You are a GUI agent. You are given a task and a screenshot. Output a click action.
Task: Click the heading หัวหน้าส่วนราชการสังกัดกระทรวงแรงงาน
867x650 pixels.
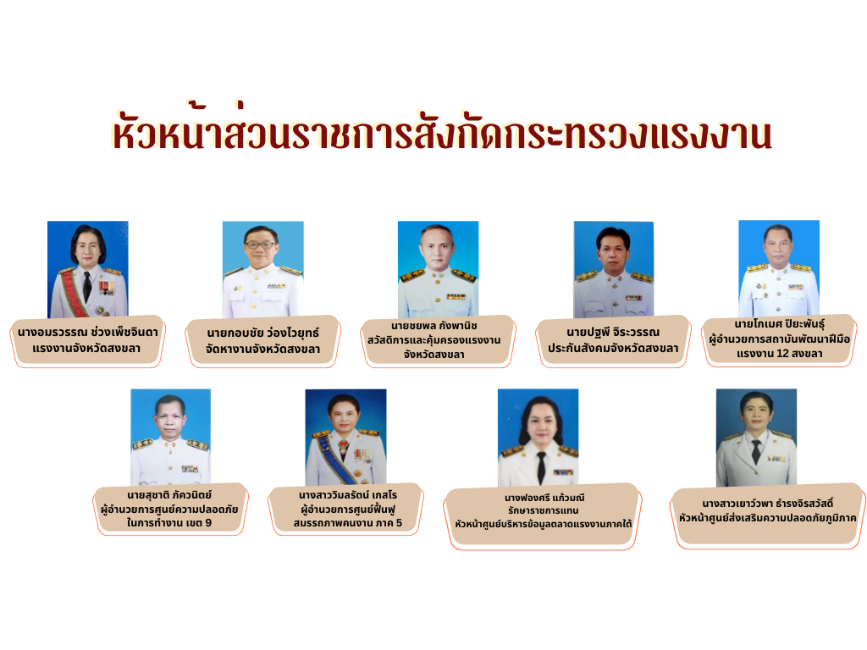click(x=442, y=131)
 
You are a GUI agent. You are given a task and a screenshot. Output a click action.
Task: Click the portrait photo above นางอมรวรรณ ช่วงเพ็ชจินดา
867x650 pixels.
click(x=88, y=269)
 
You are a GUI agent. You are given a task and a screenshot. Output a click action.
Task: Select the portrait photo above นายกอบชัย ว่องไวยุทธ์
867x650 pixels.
click(x=262, y=269)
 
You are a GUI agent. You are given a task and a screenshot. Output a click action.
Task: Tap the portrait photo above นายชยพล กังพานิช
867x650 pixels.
click(x=438, y=269)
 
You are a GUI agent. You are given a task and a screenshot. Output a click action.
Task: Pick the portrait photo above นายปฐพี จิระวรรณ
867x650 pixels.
click(x=614, y=269)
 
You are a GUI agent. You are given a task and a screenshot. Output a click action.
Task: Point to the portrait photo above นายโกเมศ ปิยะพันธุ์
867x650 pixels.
click(x=779, y=268)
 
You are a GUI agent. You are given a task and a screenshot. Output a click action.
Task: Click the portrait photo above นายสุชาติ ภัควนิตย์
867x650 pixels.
click(x=171, y=438)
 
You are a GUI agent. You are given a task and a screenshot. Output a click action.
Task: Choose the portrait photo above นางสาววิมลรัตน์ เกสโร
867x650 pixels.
click(x=345, y=438)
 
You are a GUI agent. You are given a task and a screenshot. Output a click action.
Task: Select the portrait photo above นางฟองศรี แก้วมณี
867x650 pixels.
click(x=538, y=438)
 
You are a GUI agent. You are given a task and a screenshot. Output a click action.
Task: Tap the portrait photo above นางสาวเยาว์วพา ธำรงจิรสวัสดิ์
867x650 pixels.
click(x=756, y=438)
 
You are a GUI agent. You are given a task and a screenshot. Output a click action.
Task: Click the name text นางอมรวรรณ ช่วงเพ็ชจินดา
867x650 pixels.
click(x=88, y=332)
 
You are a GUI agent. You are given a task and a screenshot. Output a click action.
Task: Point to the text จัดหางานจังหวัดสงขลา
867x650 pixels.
click(x=262, y=349)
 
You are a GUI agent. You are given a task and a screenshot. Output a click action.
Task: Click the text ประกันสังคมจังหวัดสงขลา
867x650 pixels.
click(x=613, y=348)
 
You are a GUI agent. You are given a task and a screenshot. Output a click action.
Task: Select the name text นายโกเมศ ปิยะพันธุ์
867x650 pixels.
click(x=779, y=324)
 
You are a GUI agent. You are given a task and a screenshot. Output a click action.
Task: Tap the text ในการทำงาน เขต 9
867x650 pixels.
click(x=169, y=522)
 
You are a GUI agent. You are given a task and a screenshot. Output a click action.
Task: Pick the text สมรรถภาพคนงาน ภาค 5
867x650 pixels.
click(x=348, y=522)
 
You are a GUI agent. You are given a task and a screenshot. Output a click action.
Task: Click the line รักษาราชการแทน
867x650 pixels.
click(x=543, y=510)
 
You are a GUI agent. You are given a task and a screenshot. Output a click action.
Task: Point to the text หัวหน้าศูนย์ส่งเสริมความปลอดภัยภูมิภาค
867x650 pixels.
click(x=767, y=518)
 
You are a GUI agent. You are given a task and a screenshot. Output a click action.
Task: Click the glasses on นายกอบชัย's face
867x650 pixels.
click(x=261, y=245)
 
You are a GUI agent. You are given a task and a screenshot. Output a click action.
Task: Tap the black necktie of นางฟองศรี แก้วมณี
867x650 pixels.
click(x=541, y=467)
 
